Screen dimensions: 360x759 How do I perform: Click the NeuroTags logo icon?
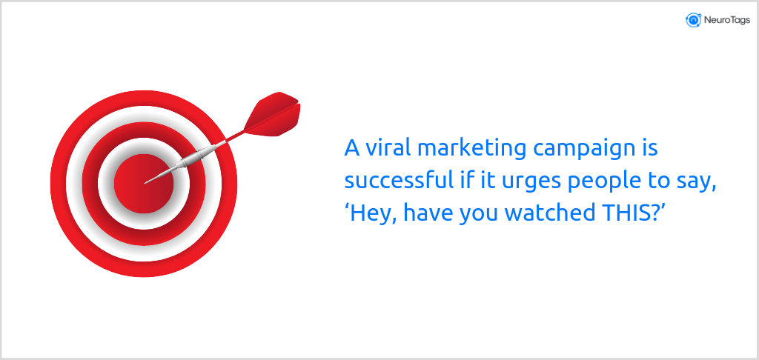click(x=694, y=20)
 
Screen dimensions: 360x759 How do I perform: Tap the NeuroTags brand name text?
click(x=723, y=20)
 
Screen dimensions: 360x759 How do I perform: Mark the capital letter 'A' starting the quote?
click(x=352, y=148)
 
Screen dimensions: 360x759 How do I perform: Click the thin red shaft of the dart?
click(x=233, y=137)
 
